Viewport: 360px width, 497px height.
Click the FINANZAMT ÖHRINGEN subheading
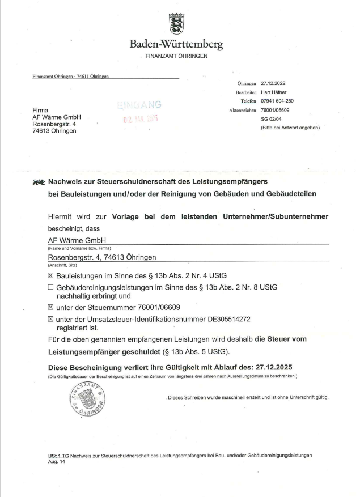click(176, 56)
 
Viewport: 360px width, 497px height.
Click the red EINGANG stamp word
click(139, 105)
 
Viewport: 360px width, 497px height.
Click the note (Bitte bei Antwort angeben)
click(290, 128)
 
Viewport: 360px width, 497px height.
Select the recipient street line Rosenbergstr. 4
click(56, 124)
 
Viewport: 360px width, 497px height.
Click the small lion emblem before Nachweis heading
click(39, 183)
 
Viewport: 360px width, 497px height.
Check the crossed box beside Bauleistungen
click(50, 275)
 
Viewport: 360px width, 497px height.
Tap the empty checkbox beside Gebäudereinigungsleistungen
click(50, 287)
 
